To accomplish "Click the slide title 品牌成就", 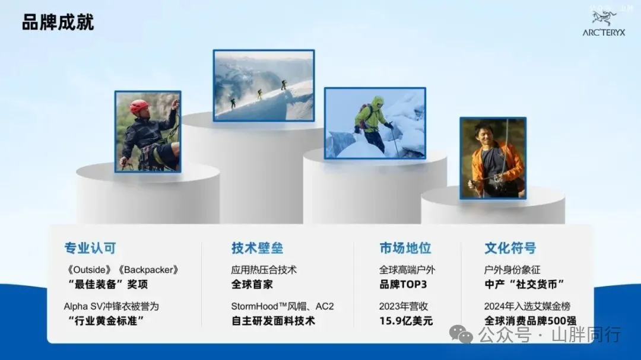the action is [x=58, y=22].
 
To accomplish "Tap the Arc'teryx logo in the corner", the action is [x=604, y=24].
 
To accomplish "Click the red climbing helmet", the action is [x=139, y=106].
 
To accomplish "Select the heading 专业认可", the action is [x=90, y=248].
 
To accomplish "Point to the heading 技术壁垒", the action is [x=257, y=248].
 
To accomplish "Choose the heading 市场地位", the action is [x=405, y=248].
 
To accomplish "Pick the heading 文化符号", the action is [x=510, y=248].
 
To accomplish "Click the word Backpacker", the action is [x=148, y=270].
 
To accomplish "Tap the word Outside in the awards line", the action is [x=90, y=270].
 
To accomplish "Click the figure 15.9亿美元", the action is [x=405, y=321].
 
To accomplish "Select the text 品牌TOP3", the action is [x=403, y=285].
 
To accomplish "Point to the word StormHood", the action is [x=255, y=307].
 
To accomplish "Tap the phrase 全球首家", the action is [x=252, y=285].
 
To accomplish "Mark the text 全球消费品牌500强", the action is [x=530, y=321].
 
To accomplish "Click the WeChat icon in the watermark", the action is [x=461, y=334].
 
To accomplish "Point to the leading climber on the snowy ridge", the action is [x=284, y=85].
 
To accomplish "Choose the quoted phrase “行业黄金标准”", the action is [x=106, y=321].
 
